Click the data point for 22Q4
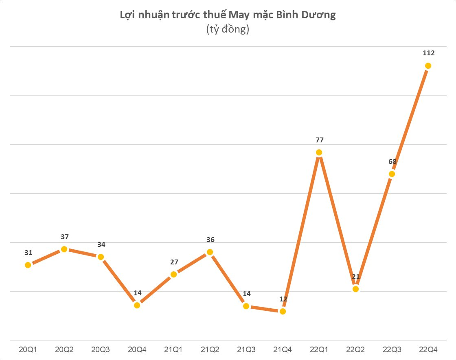[x=428, y=66]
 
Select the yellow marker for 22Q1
[x=319, y=153]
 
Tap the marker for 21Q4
[x=283, y=311]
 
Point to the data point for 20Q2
[x=64, y=249]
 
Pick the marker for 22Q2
[x=355, y=289]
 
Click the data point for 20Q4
[x=137, y=305]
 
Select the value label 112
[x=429, y=53]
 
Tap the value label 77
[x=319, y=140]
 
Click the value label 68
[x=392, y=161]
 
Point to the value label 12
[x=283, y=299]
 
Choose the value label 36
[x=210, y=240]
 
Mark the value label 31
[x=28, y=253]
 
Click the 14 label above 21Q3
[x=246, y=294]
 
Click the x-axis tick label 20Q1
[x=28, y=349]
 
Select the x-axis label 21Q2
[x=210, y=349]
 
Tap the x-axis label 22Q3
[x=392, y=349]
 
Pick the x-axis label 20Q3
[x=101, y=349]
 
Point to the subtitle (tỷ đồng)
[x=228, y=30]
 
